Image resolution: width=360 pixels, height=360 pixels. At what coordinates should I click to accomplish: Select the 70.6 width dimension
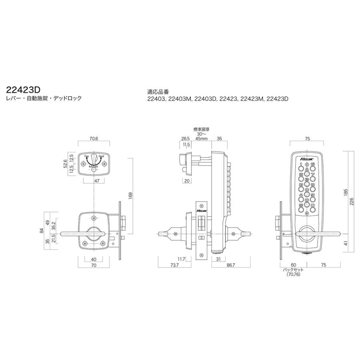(x=94, y=139)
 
